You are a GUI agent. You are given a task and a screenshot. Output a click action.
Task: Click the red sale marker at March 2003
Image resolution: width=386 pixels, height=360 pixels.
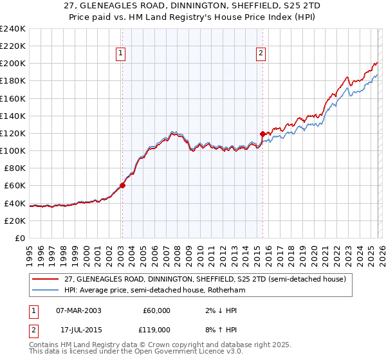[x=122, y=185]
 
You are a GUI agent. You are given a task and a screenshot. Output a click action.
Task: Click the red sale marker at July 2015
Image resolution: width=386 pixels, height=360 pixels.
[x=262, y=134]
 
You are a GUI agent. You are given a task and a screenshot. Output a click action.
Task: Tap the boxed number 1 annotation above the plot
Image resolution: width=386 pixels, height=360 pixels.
[x=122, y=54]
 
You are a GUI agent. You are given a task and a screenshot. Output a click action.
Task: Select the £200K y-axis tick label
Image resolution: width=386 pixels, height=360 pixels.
[x=13, y=64]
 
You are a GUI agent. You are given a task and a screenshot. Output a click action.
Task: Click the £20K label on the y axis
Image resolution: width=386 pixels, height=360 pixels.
[x=15, y=220]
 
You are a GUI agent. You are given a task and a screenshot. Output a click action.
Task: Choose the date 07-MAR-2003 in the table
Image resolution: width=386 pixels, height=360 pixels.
[x=78, y=310]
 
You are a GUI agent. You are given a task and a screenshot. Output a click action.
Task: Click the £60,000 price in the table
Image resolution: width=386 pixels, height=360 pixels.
[x=155, y=310]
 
